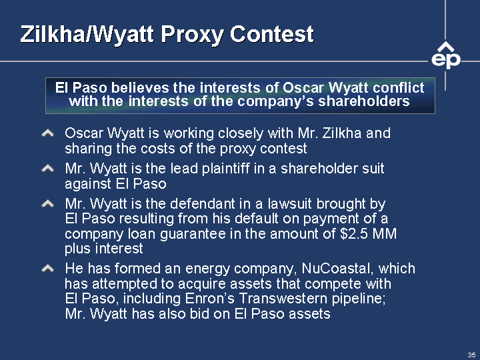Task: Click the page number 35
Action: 471,355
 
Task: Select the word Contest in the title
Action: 272,34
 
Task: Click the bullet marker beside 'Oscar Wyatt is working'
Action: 48,133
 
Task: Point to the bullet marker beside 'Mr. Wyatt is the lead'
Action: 48,169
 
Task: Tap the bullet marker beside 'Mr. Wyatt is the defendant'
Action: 48,203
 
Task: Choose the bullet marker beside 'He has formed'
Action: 48,269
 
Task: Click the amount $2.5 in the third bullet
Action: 354,233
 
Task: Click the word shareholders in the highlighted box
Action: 364,101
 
